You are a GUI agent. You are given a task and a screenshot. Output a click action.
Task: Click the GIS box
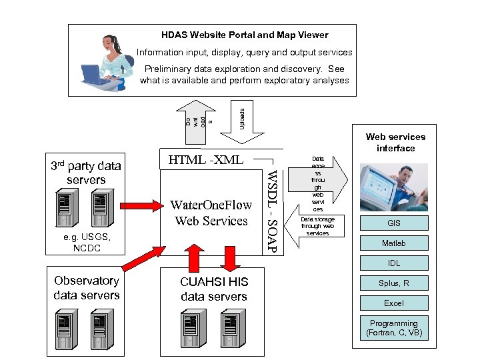pyautogui.click(x=394, y=223)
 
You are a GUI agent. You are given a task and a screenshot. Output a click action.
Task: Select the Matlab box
pyautogui.click(x=394, y=243)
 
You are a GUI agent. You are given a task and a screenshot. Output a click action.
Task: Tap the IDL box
pyautogui.click(x=394, y=263)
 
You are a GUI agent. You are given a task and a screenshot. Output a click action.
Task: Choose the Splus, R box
pyautogui.click(x=394, y=283)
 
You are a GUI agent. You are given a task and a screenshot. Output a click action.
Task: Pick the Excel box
pyautogui.click(x=394, y=303)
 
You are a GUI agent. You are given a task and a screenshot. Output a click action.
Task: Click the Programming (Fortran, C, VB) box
pyautogui.click(x=394, y=327)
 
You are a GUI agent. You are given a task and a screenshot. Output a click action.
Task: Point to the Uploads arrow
pyautogui.click(x=241, y=114)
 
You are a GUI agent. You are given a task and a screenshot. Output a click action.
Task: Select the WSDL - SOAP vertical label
pyautogui.click(x=271, y=210)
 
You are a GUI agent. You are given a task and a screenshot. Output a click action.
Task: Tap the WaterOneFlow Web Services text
pyautogui.click(x=211, y=213)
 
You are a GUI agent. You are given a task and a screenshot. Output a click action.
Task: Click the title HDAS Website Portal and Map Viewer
pyautogui.click(x=245, y=35)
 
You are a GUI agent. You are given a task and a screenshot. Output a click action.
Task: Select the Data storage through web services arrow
pyautogui.click(x=317, y=229)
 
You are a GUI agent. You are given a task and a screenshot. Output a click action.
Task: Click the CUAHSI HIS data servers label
pyautogui.click(x=213, y=289)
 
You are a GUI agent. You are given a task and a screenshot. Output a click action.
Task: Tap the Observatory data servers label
pyautogui.click(x=87, y=288)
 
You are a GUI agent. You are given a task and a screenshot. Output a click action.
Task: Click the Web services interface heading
pyautogui.click(x=395, y=142)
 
